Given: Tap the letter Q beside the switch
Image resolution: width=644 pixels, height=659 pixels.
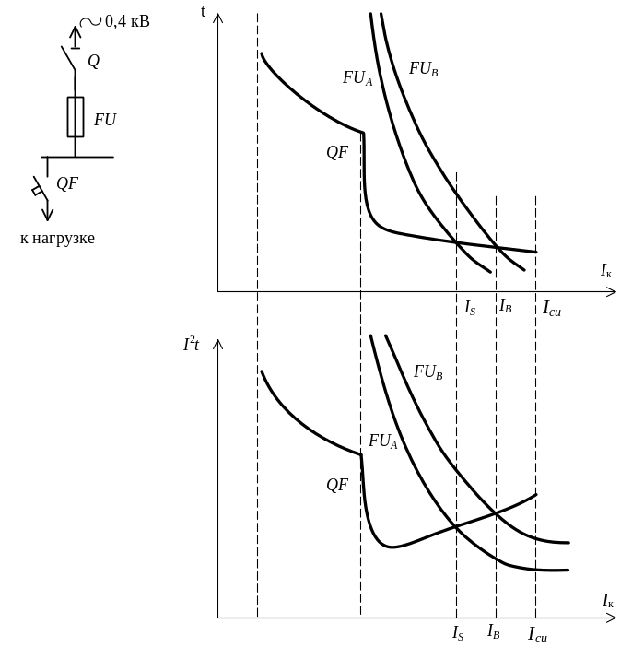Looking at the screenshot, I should click(93, 62).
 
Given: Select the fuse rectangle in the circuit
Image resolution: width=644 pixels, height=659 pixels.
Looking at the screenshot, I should click(76, 117).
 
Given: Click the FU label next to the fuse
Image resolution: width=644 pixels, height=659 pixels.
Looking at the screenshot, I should click(105, 119).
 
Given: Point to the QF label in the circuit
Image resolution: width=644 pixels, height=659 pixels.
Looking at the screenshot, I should click(67, 182).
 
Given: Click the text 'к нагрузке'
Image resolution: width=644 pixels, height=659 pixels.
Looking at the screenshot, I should click(58, 239).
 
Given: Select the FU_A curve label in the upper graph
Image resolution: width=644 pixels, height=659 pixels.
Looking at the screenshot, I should click(357, 78).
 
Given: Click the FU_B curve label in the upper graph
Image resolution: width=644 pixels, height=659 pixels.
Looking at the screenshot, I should click(424, 68).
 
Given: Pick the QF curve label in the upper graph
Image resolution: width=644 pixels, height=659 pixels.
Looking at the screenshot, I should click(337, 152).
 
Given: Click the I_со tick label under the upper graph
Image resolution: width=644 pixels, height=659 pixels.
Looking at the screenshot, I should click(552, 308).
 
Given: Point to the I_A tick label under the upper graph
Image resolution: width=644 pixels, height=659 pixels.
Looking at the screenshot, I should click(470, 306).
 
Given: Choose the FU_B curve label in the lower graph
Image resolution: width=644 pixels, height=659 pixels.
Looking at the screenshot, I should click(429, 372).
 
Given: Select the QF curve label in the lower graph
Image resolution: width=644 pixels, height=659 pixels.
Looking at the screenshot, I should click(337, 484).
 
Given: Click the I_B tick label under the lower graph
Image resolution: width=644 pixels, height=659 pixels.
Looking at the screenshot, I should click(495, 633).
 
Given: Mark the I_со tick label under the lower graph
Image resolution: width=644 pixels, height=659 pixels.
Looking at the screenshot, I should click(538, 634).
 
